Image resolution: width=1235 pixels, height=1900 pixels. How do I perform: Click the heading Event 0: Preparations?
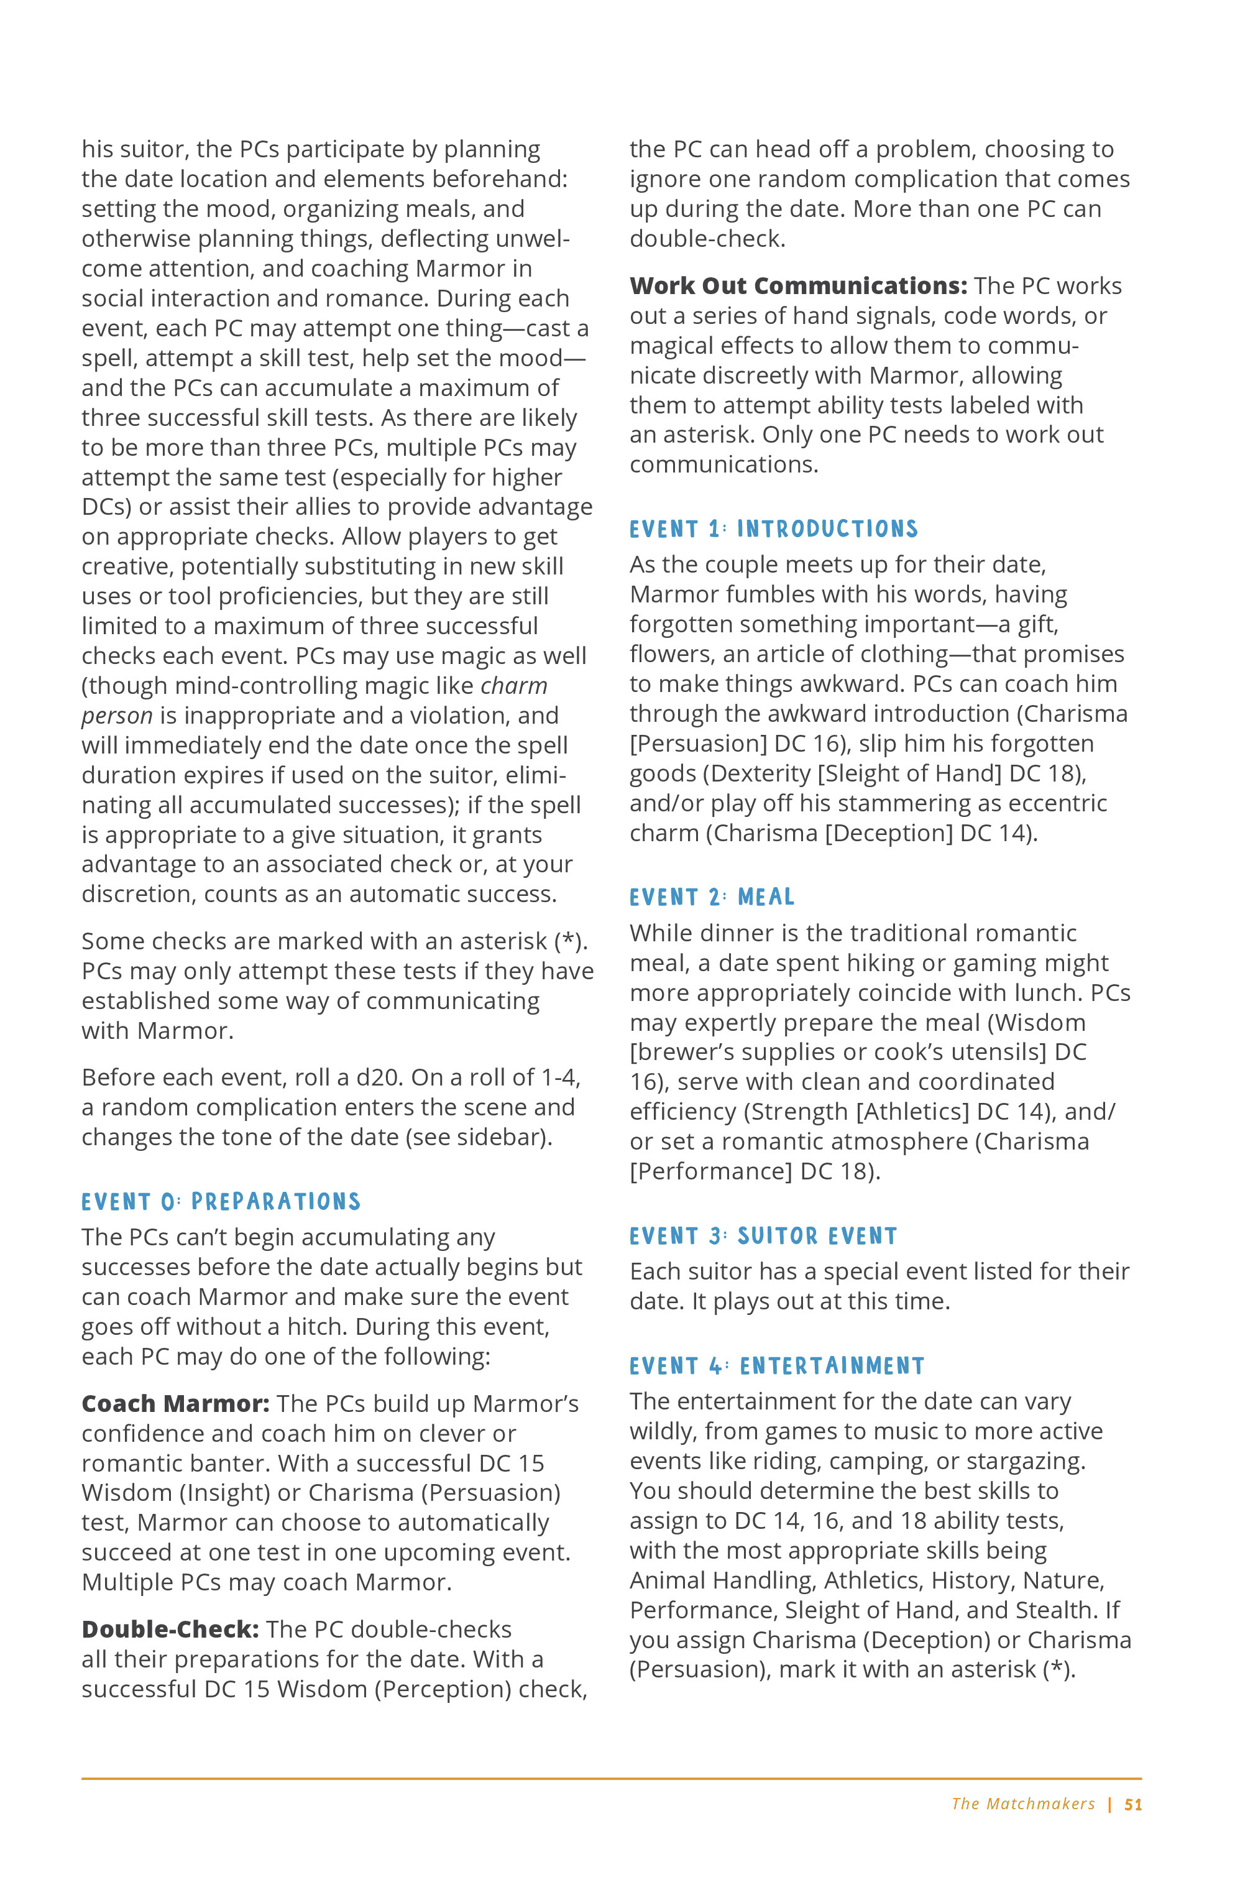coord(221,1201)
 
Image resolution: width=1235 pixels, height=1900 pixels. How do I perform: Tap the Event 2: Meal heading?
coord(711,897)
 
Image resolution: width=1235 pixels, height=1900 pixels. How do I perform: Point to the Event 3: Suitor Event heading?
coord(763,1236)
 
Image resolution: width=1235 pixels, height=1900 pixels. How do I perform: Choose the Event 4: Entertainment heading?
coord(776,1366)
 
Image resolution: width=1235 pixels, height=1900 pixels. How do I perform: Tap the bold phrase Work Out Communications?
coord(797,286)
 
